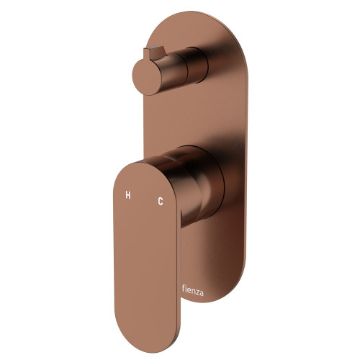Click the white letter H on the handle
point(128,195)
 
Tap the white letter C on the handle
point(160,202)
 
